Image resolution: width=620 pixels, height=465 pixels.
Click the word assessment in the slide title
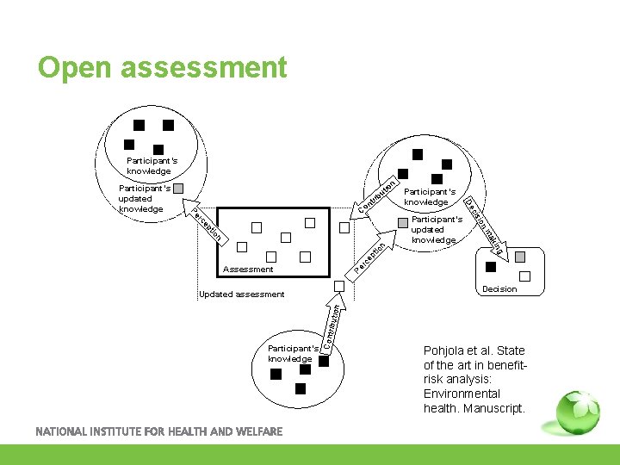click(209, 67)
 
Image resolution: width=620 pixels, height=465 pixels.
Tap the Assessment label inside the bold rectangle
click(248, 270)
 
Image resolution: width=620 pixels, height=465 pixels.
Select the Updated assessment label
click(241, 294)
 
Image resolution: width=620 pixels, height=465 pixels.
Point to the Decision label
click(499, 289)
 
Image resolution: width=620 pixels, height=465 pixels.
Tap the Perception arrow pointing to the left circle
click(207, 223)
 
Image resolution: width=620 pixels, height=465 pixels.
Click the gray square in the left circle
click(178, 189)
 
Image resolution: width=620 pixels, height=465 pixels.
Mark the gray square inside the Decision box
click(519, 257)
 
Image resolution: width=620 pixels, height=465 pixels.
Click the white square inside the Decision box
click(525, 276)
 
